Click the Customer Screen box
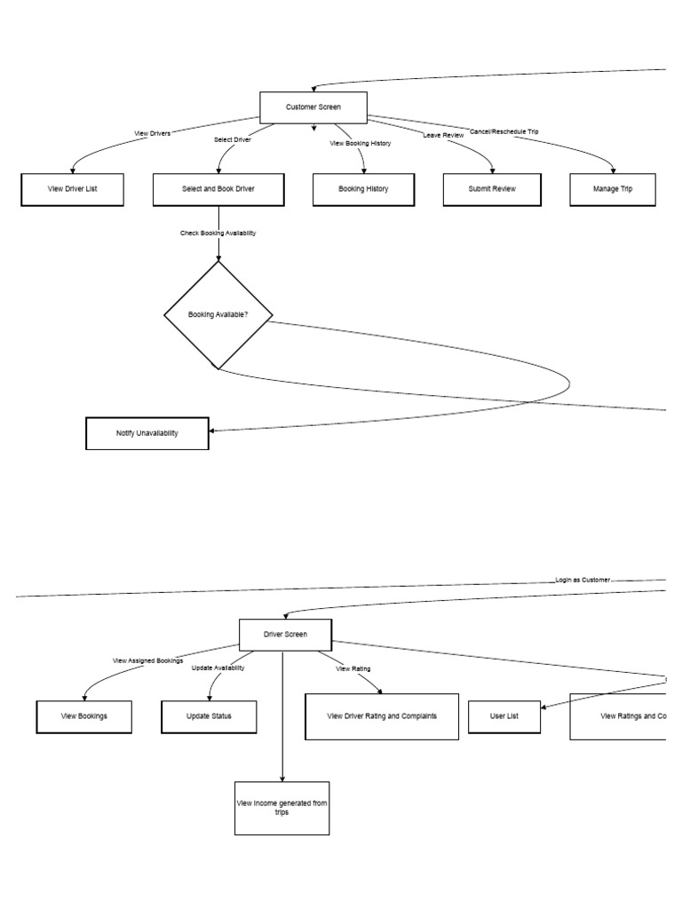[x=313, y=107]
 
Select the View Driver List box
[x=72, y=189]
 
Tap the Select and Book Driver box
[x=218, y=189]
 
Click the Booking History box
[x=363, y=189]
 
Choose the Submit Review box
[x=492, y=189]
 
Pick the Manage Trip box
[x=613, y=189]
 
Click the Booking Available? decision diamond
[x=218, y=314]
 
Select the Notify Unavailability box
[x=147, y=433]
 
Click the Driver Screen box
[x=285, y=635]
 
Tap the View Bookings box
[x=84, y=716]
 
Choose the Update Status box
[x=209, y=716]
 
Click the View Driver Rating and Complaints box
[x=382, y=716]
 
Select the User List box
[x=504, y=716]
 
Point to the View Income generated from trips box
[x=282, y=807]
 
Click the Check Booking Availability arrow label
[x=218, y=233]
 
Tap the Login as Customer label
[x=583, y=580]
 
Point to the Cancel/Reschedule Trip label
[x=504, y=131]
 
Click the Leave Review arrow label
[x=442, y=135]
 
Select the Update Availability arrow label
[x=218, y=668]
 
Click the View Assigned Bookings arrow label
[x=148, y=660]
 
